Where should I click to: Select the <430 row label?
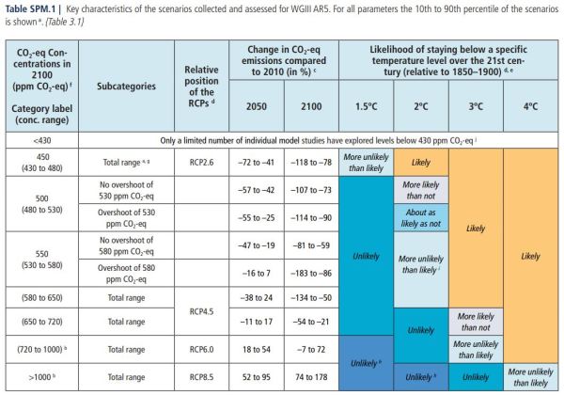(43, 138)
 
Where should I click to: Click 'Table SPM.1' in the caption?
(32, 10)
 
